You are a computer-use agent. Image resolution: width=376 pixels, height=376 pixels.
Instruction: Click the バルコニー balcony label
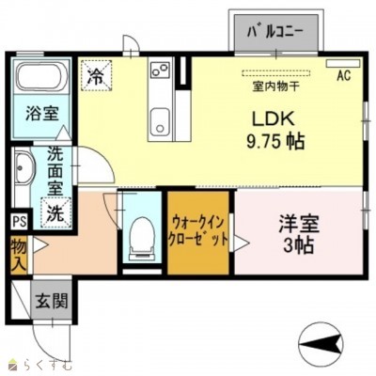click(x=275, y=31)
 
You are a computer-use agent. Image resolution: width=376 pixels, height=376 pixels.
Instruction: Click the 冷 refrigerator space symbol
click(x=96, y=72)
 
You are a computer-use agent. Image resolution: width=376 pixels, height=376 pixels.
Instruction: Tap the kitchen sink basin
click(x=160, y=120)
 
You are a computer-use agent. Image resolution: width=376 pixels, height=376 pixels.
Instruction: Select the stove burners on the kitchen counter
click(x=158, y=71)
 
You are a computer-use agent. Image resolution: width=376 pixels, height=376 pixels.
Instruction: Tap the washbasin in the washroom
click(x=23, y=173)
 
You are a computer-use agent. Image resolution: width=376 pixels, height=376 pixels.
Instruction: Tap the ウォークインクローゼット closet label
click(x=198, y=229)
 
